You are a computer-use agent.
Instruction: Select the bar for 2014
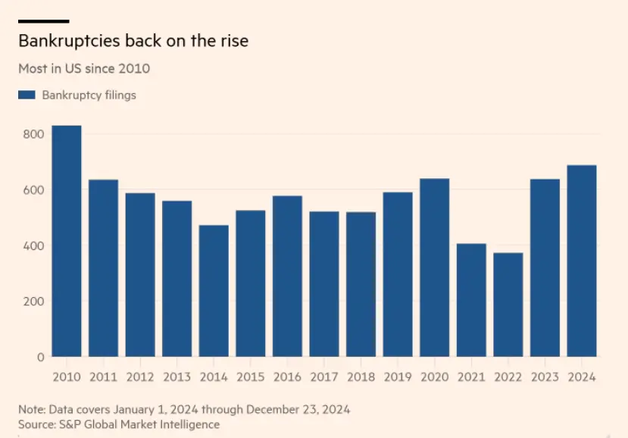coord(214,291)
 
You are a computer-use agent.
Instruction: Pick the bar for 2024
coord(582,261)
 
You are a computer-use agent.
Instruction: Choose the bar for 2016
coord(287,276)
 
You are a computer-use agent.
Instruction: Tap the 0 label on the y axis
coord(41,356)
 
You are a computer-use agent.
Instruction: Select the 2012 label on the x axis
coord(140,377)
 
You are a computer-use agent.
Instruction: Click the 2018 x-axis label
coord(361,377)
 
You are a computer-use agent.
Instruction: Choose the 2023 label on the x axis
coord(545,377)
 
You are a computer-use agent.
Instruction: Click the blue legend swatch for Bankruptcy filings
coord(27,95)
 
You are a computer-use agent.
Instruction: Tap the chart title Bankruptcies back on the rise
coord(133,41)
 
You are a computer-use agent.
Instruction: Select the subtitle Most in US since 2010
coord(84,68)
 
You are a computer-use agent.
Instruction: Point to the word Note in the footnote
coord(32,409)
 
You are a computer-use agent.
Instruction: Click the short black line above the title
coord(43,21)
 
